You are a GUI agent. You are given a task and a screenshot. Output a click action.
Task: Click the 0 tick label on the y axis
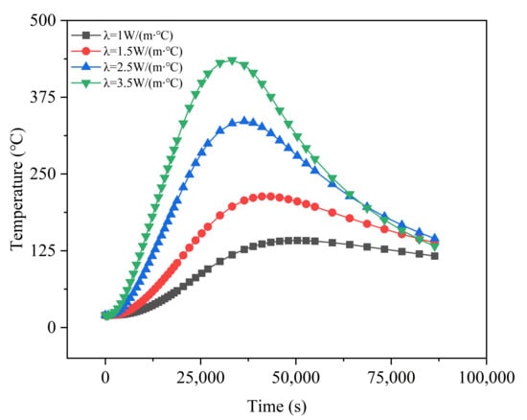(x=52, y=327)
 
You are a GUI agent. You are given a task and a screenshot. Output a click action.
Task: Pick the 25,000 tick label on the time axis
(x=200, y=378)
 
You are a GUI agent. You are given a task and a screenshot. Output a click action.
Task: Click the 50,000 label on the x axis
(x=296, y=378)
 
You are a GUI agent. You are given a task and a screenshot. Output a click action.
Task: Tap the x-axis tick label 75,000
(x=391, y=378)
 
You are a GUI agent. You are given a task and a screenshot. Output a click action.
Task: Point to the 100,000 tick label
(x=487, y=378)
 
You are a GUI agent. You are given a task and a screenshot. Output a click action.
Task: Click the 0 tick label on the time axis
(x=105, y=378)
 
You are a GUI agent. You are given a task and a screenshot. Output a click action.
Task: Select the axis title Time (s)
(x=277, y=407)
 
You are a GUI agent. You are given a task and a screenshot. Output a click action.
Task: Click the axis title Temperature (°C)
(x=17, y=189)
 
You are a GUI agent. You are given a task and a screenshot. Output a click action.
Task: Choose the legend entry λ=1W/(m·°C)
(x=123, y=35)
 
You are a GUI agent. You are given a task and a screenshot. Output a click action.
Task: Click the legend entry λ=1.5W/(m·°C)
(x=127, y=51)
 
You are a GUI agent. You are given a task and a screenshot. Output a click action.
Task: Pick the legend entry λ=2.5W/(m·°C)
(x=127, y=67)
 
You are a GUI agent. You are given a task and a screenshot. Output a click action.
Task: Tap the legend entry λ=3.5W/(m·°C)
(x=127, y=83)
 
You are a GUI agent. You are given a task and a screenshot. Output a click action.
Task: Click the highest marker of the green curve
(x=232, y=61)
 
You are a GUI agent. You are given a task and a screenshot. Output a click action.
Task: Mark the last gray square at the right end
(x=435, y=256)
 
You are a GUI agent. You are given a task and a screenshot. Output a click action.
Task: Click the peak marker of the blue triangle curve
(x=244, y=121)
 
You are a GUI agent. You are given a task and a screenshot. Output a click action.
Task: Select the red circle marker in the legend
(x=86, y=51)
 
